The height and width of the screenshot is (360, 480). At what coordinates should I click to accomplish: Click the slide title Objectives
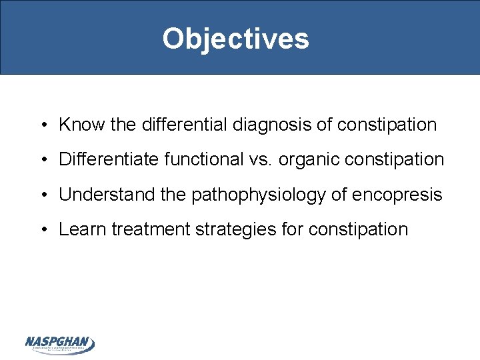[235, 39]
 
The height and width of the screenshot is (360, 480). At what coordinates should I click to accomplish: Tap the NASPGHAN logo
[60, 344]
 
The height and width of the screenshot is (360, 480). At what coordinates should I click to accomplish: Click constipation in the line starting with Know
[387, 125]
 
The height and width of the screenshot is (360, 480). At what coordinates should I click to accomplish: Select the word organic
[304, 159]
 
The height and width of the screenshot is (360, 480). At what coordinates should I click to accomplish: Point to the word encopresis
[400, 195]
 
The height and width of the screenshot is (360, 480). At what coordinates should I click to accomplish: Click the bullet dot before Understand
[43, 195]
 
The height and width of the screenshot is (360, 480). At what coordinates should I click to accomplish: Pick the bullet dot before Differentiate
[43, 160]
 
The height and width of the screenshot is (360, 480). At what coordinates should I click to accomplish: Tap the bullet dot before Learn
[43, 230]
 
